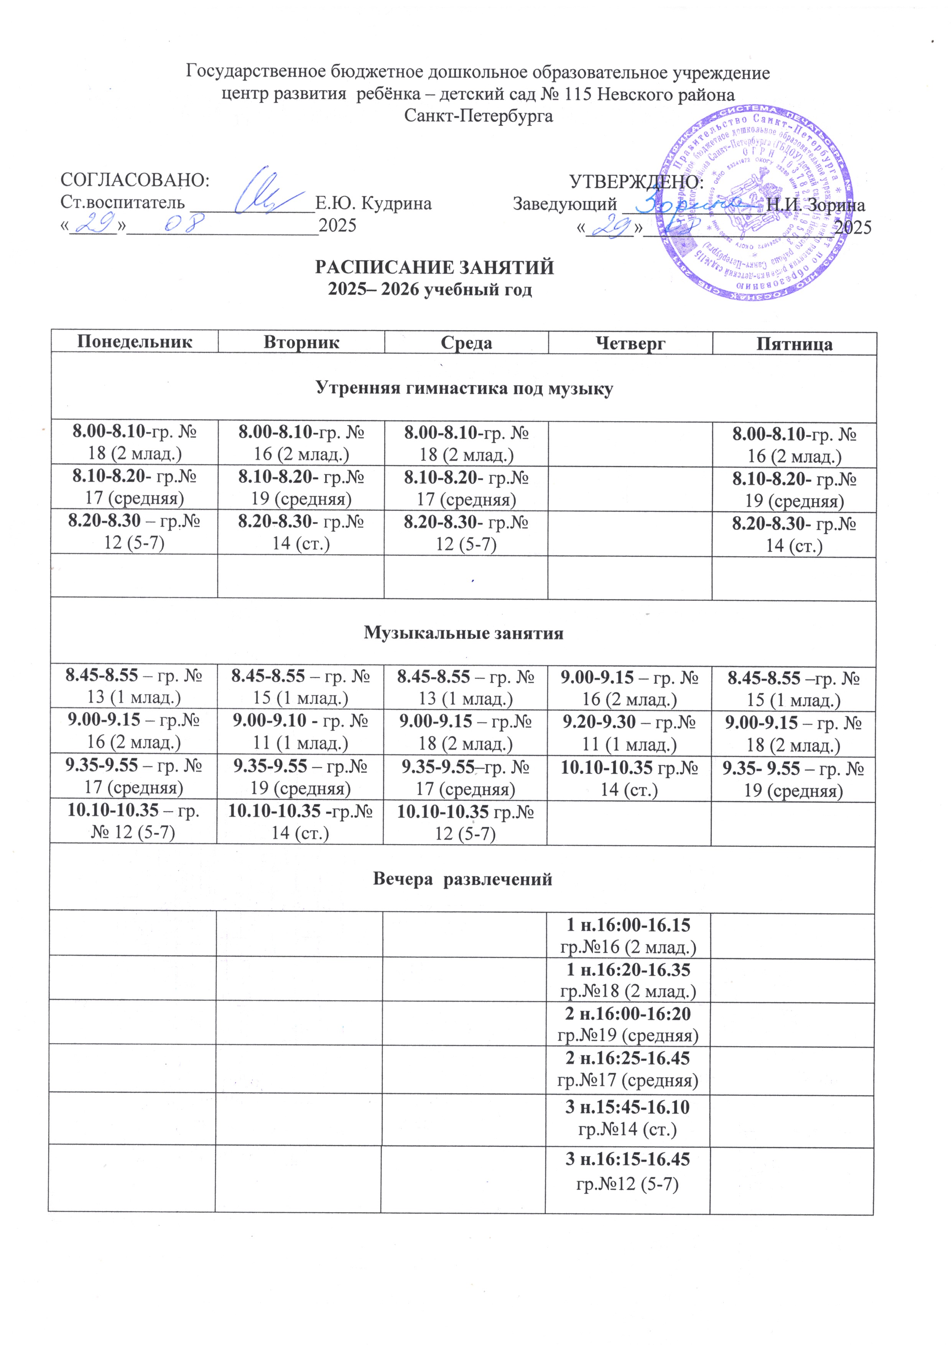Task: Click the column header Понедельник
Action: coord(134,342)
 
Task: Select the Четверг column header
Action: coord(630,343)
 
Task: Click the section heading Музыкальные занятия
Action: coord(464,633)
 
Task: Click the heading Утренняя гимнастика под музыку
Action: coord(464,388)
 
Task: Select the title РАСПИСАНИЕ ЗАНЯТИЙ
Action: coord(434,268)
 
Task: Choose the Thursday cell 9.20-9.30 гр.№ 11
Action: coord(629,733)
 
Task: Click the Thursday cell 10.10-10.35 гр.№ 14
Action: coord(629,778)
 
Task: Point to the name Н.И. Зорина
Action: coord(815,205)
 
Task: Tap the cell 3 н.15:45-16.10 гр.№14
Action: coord(628,1116)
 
